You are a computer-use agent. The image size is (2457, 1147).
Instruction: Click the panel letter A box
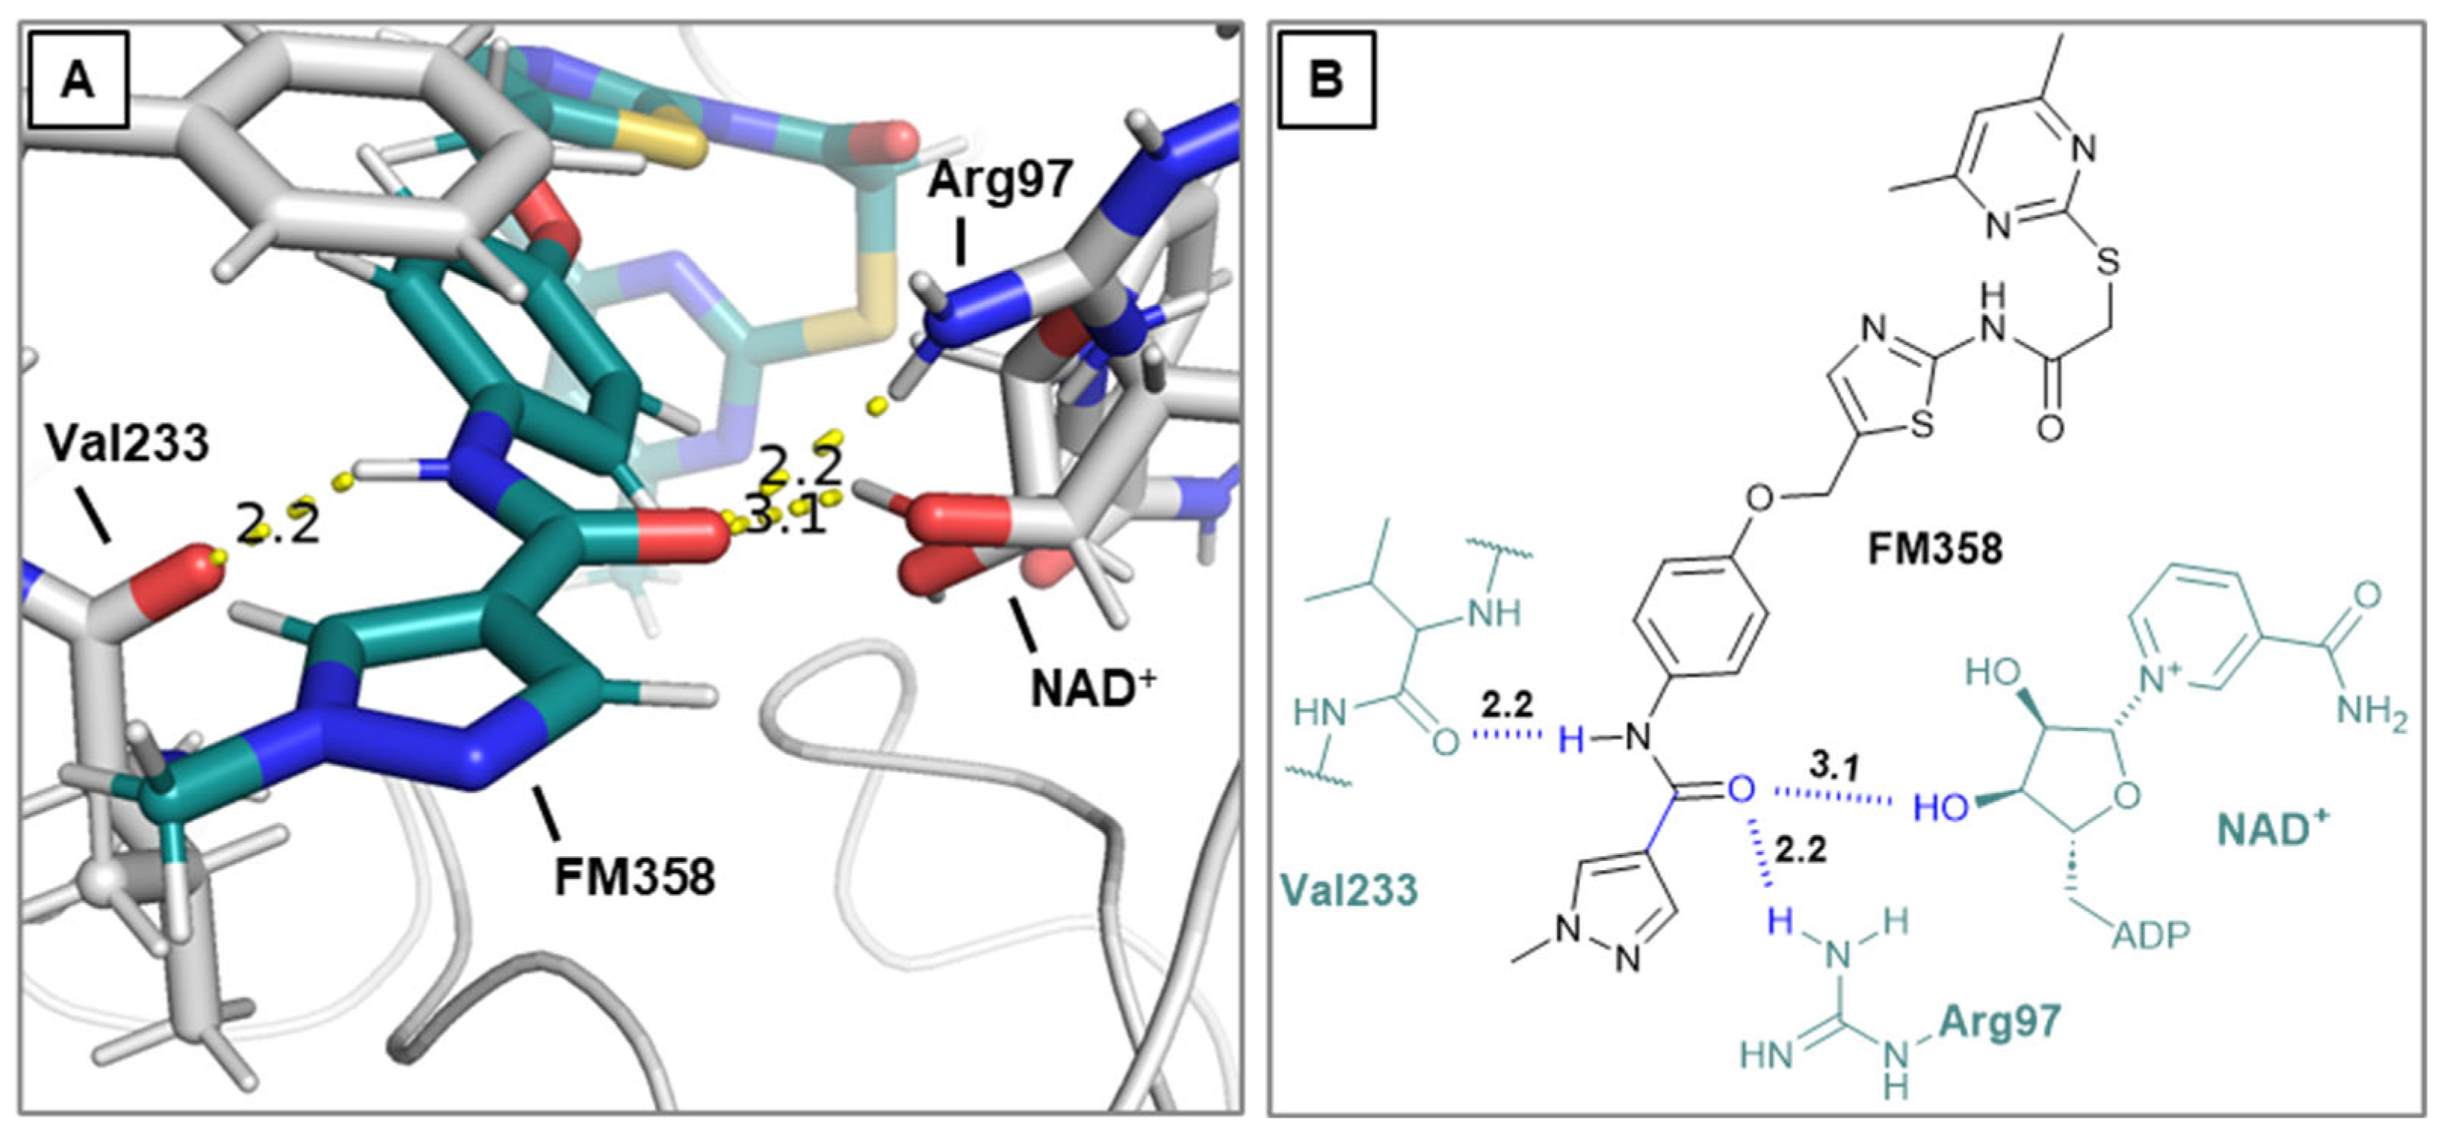pos(79,80)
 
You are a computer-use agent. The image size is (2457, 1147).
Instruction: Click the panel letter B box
pos(1326,80)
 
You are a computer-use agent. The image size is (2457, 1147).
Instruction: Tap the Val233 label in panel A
pos(127,443)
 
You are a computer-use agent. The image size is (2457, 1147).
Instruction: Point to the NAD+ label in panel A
pos(1092,687)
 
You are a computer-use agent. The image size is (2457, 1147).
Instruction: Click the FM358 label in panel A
pos(635,876)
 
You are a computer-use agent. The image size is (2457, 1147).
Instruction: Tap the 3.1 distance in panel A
pos(784,518)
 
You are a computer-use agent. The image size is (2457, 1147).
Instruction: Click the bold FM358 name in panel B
pos(1934,549)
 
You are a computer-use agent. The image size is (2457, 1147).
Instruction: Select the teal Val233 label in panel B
pos(1349,890)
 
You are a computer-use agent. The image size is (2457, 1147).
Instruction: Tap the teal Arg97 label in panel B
pos(1999,1021)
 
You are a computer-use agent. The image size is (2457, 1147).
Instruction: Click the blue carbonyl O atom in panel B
pos(1741,788)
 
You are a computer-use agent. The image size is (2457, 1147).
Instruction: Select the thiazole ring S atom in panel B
pos(1923,424)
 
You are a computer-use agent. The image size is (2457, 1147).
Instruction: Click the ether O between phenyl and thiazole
pos(1760,498)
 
